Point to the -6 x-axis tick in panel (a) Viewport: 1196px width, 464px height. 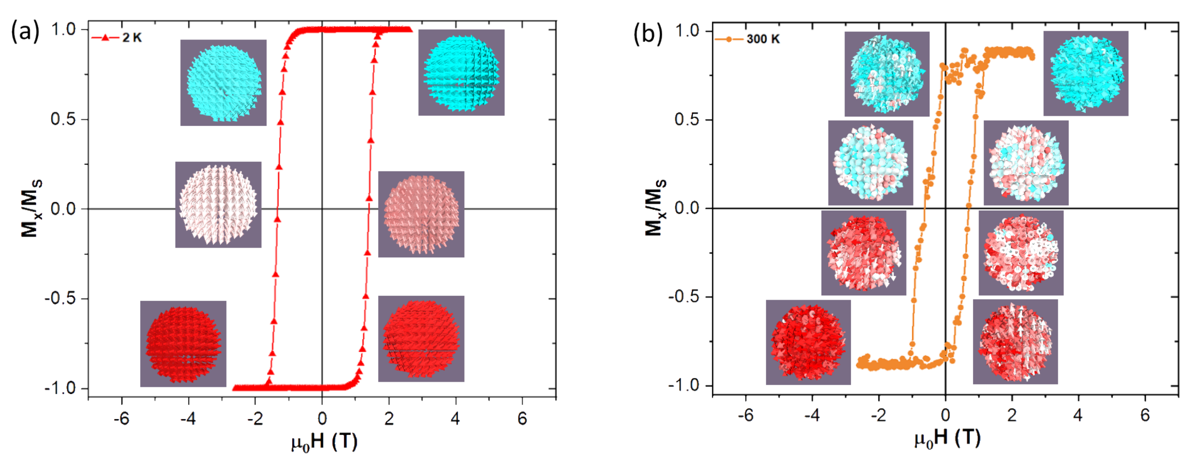click(122, 419)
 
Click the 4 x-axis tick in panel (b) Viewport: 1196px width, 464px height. click(1078, 415)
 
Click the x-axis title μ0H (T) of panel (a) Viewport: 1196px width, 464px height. click(324, 442)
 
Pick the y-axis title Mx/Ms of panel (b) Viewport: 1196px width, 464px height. click(655, 208)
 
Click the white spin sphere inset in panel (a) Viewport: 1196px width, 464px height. click(218, 205)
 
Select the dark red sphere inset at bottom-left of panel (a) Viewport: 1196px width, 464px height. click(183, 344)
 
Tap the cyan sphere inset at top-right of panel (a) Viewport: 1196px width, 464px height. click(461, 73)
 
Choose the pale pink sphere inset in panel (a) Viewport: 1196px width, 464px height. click(421, 214)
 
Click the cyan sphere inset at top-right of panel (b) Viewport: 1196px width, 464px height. click(1085, 73)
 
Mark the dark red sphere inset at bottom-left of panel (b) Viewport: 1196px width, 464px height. click(808, 342)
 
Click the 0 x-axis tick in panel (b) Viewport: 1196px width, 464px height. click(945, 415)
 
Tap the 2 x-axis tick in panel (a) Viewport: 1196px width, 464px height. click(389, 419)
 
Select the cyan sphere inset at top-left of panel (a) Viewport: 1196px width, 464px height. click(223, 83)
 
